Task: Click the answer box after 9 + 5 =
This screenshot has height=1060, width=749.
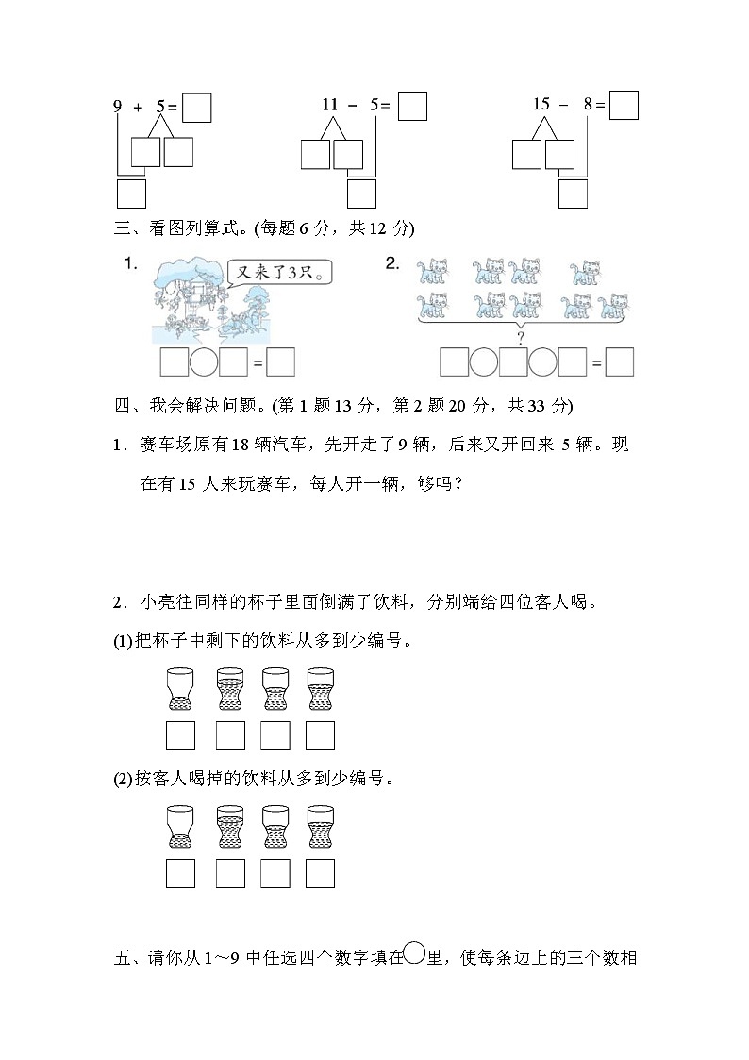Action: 196,108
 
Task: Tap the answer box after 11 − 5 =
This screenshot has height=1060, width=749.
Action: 412,106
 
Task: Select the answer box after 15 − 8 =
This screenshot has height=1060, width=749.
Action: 624,105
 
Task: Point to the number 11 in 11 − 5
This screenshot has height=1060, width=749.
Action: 329,106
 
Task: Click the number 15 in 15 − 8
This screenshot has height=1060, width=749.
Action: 541,105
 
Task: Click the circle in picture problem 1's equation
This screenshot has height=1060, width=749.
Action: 205,362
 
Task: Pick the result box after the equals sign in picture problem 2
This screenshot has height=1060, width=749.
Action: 619,362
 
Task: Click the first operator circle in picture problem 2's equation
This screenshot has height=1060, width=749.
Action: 484,362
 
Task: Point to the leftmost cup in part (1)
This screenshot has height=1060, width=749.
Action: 179,688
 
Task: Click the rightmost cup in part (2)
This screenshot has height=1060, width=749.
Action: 320,824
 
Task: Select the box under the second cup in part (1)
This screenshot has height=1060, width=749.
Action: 230,735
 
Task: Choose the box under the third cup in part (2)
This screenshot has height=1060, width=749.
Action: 275,873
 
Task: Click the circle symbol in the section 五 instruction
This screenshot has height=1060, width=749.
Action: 414,955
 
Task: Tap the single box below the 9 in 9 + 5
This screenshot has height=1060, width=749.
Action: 131,193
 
